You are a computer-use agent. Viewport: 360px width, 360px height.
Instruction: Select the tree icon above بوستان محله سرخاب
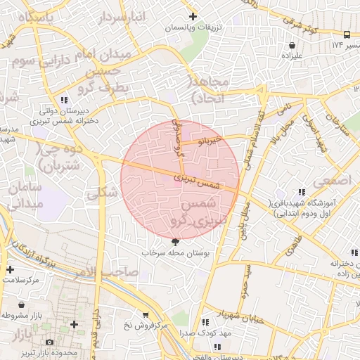[174, 241]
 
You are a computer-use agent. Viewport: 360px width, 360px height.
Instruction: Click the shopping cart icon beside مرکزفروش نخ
[146, 314]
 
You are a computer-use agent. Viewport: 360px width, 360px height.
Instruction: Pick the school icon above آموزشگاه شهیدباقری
[302, 192]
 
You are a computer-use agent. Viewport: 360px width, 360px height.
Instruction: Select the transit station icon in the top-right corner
[347, 34]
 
